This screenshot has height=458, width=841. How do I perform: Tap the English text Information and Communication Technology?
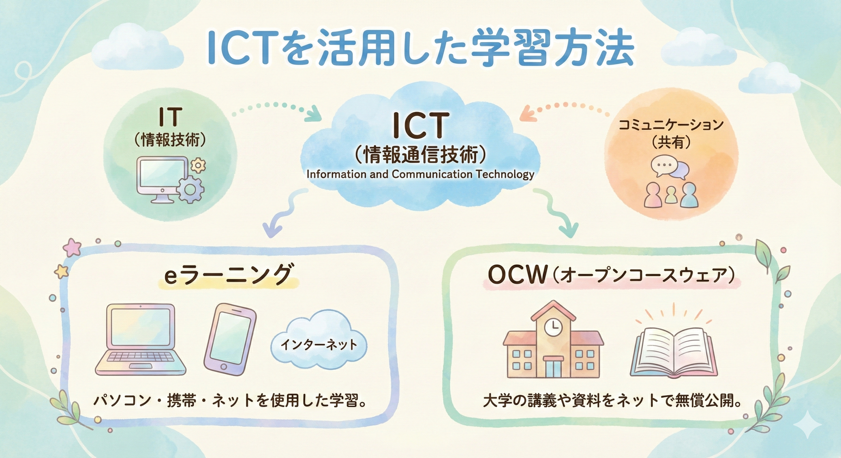(x=420, y=174)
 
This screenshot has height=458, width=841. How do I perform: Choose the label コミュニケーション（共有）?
(x=671, y=133)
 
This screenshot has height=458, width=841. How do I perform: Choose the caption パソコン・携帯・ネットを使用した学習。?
(x=228, y=401)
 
